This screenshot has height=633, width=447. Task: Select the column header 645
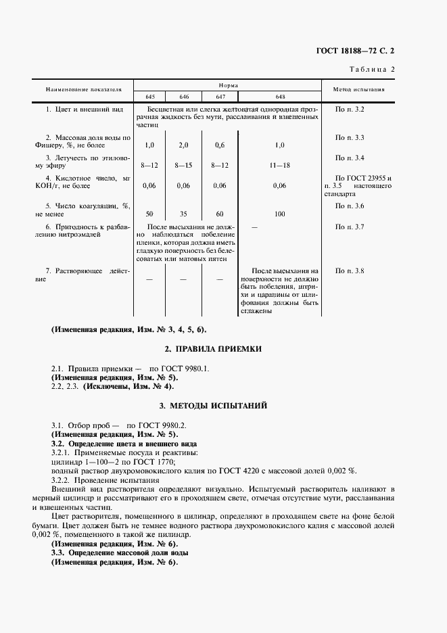coord(149,96)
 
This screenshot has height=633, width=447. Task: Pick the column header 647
coord(219,96)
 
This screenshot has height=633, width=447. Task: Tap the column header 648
coord(280,96)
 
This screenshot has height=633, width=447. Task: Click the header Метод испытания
coord(359,89)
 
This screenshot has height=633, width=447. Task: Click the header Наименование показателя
coord(84,89)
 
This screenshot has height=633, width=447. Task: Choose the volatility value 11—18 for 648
coord(280,165)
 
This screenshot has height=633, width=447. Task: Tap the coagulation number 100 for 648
coord(280,213)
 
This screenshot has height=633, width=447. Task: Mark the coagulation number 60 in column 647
coord(219,213)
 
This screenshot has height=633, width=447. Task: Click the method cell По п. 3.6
coord(350,206)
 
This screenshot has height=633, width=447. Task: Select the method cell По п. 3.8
coord(350,271)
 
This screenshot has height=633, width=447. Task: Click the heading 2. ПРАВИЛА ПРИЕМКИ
coord(214,349)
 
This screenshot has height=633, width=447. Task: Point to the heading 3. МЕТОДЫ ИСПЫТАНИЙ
coord(214,406)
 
